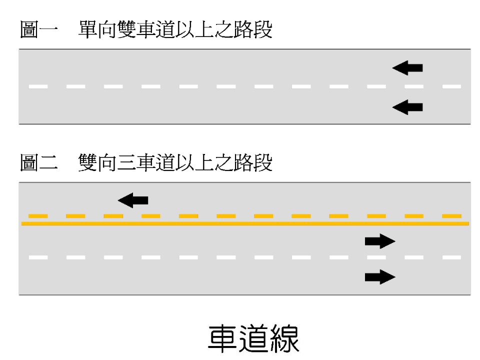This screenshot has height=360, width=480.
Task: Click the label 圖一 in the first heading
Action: coord(36,30)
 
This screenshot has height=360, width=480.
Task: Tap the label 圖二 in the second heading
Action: coord(36,163)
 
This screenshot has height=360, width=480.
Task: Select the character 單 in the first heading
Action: coord(88,30)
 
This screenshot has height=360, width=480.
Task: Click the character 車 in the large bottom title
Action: coord(222,338)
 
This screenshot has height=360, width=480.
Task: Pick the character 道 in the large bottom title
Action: coord(253,338)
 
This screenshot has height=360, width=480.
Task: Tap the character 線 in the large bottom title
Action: coord(284,338)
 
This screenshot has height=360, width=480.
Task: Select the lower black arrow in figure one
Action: coord(407,106)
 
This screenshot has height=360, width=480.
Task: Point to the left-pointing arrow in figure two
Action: coord(133,200)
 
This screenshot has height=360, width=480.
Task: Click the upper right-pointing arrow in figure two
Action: coord(380,241)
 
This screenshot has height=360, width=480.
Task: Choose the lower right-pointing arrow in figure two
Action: coord(380,276)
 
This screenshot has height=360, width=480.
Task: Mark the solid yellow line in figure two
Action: coord(245,223)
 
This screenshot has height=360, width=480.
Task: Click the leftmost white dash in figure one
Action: coord(38,86)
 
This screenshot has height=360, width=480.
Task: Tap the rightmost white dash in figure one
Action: coord(451,86)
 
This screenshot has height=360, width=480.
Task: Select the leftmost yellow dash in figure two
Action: coord(38,216)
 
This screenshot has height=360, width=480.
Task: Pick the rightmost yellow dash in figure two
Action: coord(451,216)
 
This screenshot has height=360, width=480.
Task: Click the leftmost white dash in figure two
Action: coord(38,257)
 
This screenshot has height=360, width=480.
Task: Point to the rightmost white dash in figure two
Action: coord(451,257)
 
